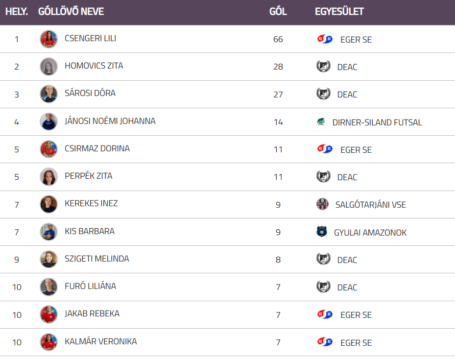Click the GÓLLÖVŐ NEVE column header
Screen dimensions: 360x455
(x=71, y=11)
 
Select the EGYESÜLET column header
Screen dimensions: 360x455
(x=339, y=11)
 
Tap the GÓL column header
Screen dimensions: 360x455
(x=278, y=11)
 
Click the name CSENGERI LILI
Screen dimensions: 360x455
(x=90, y=38)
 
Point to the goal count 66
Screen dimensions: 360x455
(x=278, y=39)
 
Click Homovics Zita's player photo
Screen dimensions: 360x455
(x=48, y=67)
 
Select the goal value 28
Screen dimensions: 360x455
(x=278, y=67)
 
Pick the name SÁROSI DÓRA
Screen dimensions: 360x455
(x=90, y=93)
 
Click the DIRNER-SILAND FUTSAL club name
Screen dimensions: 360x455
(x=377, y=122)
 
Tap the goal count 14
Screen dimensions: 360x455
(x=278, y=122)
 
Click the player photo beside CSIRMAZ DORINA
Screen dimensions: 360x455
(x=48, y=149)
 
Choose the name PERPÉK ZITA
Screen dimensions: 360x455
(x=88, y=176)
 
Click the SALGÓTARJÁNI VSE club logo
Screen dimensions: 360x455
(x=322, y=204)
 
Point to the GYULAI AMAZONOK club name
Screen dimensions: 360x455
(x=370, y=233)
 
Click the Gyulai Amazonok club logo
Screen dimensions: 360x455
(x=322, y=232)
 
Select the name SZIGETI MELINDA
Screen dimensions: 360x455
(x=97, y=259)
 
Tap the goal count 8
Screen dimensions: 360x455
(x=278, y=260)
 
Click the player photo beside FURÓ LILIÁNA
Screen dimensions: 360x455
(x=48, y=287)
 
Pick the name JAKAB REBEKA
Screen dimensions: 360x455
(x=92, y=313)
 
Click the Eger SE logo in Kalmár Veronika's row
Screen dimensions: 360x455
(x=325, y=341)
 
